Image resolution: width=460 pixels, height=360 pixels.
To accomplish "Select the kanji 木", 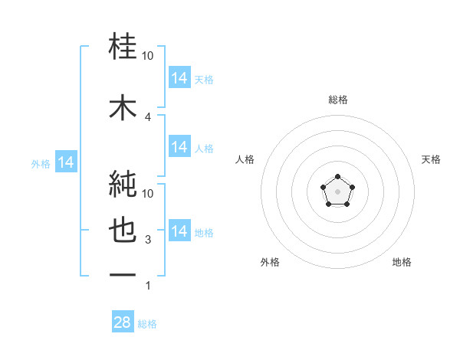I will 123,106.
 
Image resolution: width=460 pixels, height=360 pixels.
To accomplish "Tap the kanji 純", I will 123,183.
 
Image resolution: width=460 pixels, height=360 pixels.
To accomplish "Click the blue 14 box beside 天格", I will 179,78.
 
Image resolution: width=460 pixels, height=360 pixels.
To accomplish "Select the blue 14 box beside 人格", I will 179,147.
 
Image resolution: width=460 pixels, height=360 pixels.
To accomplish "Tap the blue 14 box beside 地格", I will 179,231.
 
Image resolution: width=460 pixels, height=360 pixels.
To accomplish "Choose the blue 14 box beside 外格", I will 66,162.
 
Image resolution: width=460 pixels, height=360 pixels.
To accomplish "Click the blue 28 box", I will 123,322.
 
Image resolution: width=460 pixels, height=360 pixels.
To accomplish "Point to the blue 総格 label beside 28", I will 147,324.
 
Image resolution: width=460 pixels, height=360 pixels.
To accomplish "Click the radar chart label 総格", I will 338,100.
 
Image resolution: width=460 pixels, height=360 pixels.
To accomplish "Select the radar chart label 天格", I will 432,159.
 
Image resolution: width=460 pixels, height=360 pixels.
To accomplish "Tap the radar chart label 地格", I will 402,262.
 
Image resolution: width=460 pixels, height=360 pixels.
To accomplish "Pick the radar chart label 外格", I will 270,262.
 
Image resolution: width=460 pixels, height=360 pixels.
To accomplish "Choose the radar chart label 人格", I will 245,159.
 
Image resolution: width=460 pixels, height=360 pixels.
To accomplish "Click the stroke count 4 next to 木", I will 148,116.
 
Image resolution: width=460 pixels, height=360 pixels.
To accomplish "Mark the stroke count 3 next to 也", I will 148,240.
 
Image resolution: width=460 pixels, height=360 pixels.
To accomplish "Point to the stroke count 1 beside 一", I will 148,286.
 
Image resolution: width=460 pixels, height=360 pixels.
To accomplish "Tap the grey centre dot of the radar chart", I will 337,191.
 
